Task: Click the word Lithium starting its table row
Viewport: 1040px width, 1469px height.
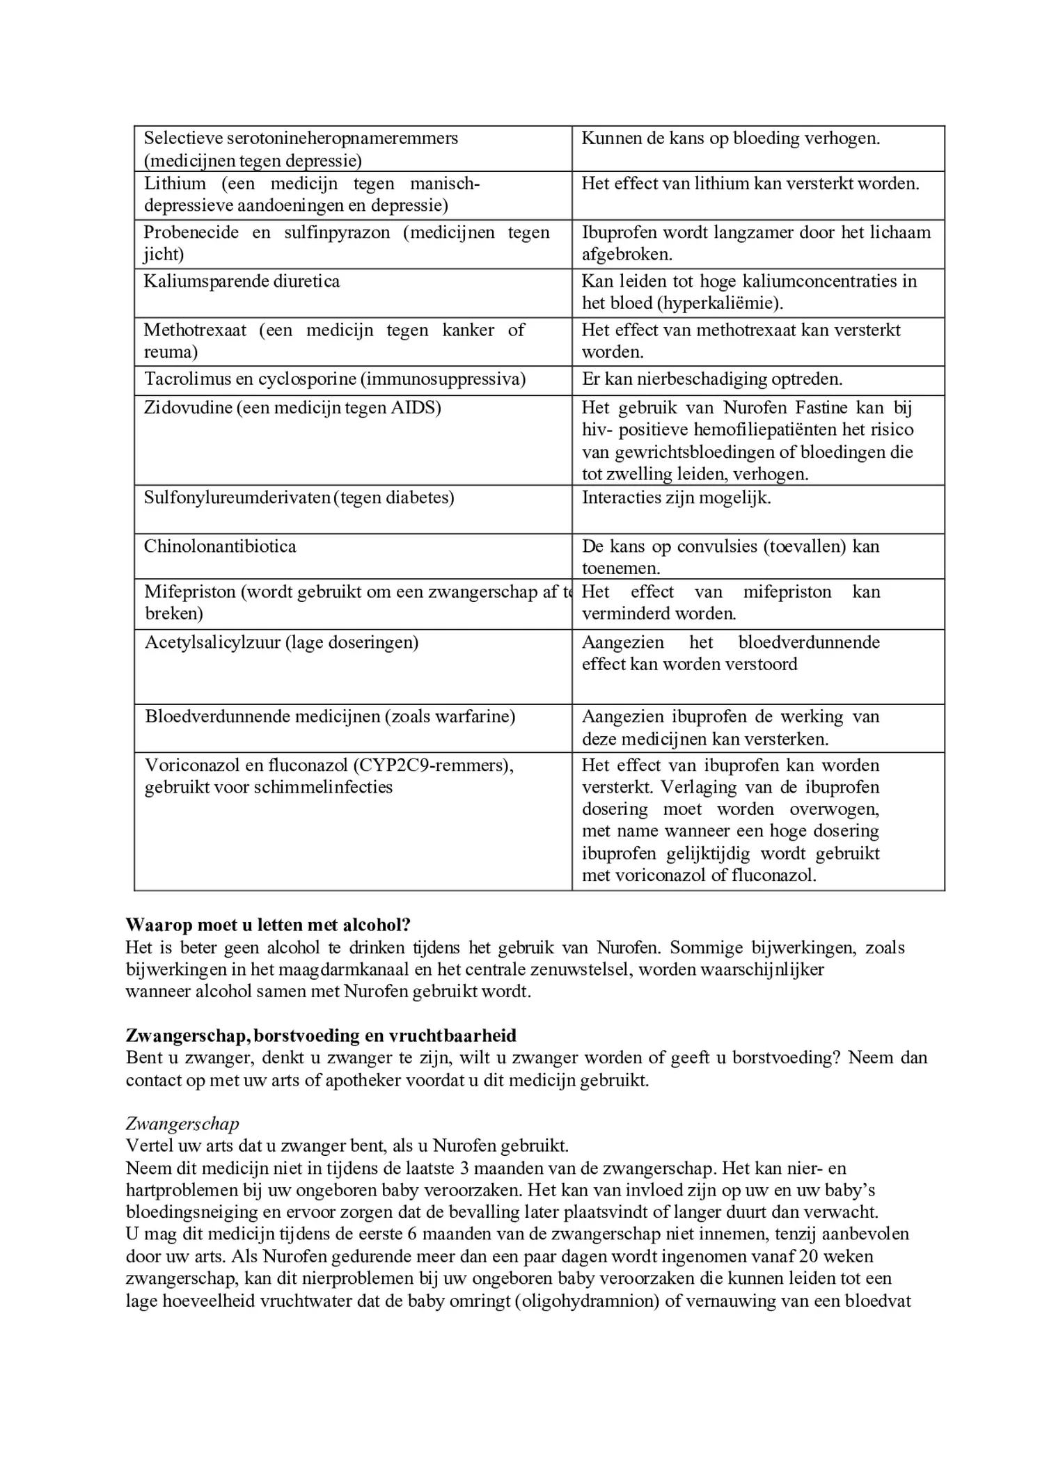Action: pyautogui.click(x=175, y=184)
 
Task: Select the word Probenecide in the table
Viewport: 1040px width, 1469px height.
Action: pyautogui.click(x=191, y=232)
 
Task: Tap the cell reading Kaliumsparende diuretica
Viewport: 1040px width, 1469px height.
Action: pyautogui.click(x=242, y=282)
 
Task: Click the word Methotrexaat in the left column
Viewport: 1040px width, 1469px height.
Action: pyautogui.click(x=195, y=330)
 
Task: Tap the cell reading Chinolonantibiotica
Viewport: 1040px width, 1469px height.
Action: pyautogui.click(x=220, y=546)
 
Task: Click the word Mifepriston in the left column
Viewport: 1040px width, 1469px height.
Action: pyautogui.click(x=189, y=592)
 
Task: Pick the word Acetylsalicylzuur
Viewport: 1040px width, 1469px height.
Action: pyautogui.click(x=212, y=642)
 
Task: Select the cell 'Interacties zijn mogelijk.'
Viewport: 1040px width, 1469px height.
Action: pyautogui.click(x=676, y=498)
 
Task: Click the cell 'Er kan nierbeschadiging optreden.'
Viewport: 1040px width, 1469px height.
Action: pyautogui.click(x=711, y=379)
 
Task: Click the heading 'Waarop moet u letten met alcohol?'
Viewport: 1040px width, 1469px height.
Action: pyautogui.click(x=268, y=925)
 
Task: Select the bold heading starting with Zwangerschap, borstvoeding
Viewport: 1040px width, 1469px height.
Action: pyautogui.click(x=321, y=1035)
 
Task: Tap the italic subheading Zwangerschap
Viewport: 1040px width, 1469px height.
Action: pyautogui.click(x=182, y=1124)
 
